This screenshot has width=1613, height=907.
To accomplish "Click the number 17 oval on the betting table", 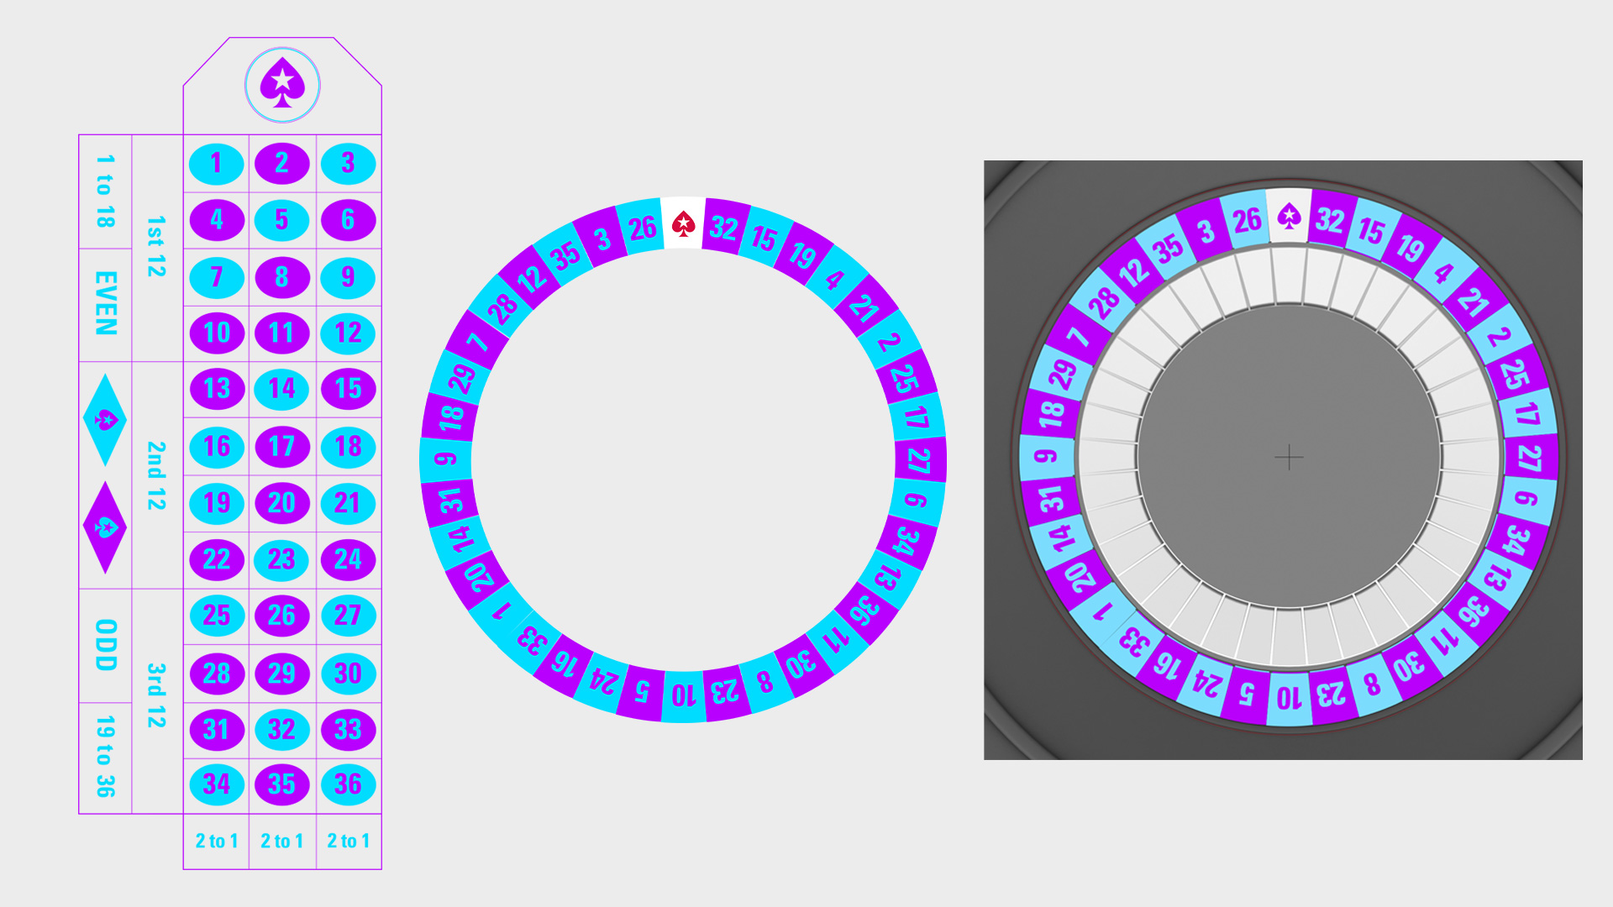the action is click(282, 446).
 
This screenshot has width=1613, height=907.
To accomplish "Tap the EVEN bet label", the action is click(106, 303).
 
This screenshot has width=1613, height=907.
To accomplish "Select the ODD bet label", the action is click(106, 645).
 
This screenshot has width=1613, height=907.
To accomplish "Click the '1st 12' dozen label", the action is click(156, 246).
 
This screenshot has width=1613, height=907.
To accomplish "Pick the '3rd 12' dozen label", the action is click(156, 695).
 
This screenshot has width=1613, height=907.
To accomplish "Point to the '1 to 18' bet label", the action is click(106, 191).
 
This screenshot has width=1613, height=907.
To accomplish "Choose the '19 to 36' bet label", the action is click(106, 756).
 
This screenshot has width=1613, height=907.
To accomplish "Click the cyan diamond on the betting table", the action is click(105, 420).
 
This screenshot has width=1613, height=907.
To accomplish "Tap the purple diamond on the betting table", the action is click(105, 527).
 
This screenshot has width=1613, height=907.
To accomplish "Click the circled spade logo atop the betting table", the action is click(282, 85).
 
